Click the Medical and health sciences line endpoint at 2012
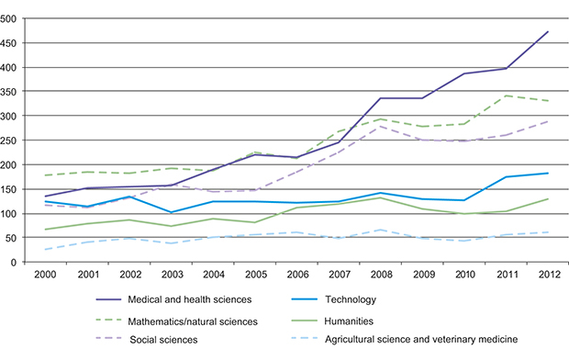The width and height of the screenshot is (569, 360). tap(548, 32)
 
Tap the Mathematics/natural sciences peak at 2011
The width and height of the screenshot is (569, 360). tap(507, 96)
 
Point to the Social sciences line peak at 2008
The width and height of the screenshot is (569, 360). tap(381, 127)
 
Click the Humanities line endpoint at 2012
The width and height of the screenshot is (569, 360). tap(548, 198)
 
